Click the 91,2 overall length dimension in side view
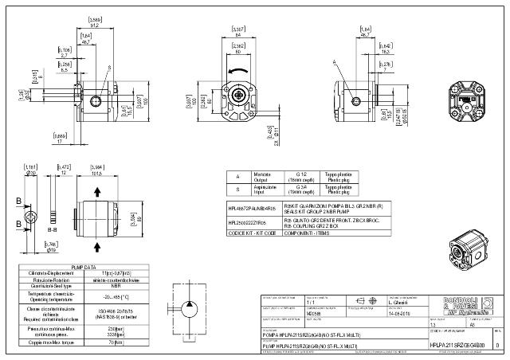coord(95,25)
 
